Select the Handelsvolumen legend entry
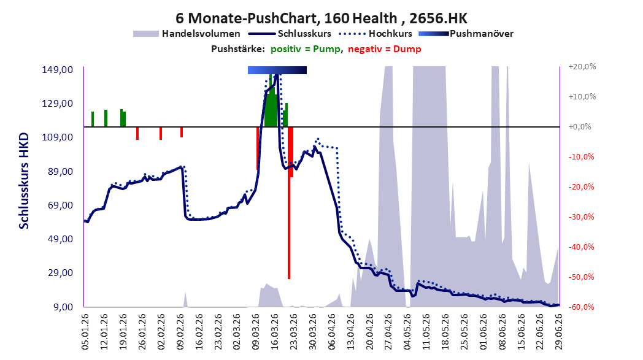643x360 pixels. tap(187, 34)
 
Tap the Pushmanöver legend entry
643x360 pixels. tap(466, 34)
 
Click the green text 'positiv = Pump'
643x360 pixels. tap(305, 49)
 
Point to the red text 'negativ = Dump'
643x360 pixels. tap(384, 49)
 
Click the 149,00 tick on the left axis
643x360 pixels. tap(58, 70)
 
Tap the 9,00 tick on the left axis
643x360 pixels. tap(63, 307)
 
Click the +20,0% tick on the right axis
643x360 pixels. tap(582, 66)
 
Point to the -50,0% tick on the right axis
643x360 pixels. tap(581, 277)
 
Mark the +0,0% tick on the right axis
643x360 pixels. tap(580, 127)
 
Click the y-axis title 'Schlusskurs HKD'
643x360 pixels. tap(24, 180)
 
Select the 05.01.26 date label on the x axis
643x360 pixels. tap(85, 331)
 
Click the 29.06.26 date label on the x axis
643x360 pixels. tap(558, 331)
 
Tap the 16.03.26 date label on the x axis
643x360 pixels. tap(274, 331)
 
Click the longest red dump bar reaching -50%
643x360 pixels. tap(289, 203)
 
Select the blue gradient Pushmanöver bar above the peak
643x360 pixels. tap(277, 70)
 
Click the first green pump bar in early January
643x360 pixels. tap(93, 119)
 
